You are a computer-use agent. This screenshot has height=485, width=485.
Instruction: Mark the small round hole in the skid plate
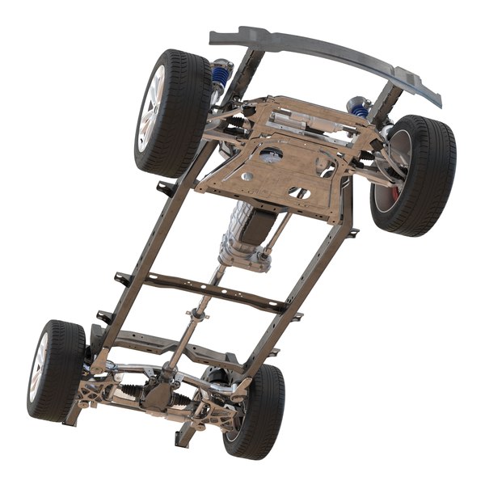[x=298, y=192]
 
